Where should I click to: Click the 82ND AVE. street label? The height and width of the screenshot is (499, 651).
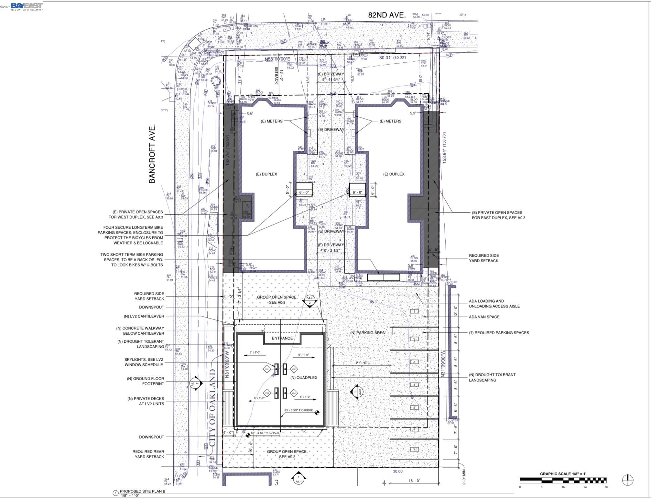(387, 15)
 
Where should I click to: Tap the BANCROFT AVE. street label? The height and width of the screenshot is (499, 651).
(152, 153)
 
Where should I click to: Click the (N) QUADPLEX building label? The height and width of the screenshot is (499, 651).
(303, 378)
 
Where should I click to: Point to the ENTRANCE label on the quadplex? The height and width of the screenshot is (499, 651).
(282, 338)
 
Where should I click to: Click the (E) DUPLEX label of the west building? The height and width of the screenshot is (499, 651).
(266, 174)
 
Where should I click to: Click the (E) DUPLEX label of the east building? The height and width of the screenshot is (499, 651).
(394, 174)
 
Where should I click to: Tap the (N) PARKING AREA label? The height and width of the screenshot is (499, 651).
(367, 332)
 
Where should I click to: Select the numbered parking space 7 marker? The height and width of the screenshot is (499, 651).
(414, 450)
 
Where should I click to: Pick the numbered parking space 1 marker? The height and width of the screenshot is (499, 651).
(415, 311)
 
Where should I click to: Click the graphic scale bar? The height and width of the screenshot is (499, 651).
(563, 480)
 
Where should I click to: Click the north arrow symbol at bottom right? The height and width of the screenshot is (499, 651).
(628, 480)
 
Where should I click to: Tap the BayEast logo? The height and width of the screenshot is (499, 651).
(27, 6)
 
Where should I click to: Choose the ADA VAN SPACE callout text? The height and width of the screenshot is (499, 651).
(484, 317)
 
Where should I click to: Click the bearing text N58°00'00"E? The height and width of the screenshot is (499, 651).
(278, 59)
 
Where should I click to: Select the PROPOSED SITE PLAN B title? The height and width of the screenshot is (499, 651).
(143, 491)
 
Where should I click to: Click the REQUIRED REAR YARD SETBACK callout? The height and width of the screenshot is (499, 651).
(148, 454)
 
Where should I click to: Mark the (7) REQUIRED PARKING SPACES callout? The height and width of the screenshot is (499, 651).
(499, 332)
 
